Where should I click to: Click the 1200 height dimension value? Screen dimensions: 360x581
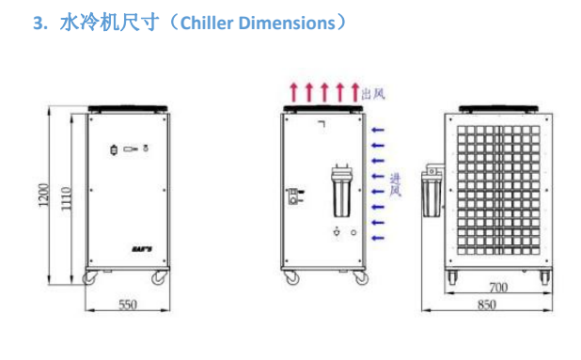tap(44, 197)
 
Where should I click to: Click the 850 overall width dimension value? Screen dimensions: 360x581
tap(487, 305)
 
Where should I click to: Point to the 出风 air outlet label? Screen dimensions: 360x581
tap(373, 93)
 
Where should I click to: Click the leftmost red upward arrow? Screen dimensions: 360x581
tap(294, 92)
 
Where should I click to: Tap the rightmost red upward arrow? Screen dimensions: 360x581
tap(354, 92)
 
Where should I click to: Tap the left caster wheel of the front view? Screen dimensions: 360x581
tap(90, 277)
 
